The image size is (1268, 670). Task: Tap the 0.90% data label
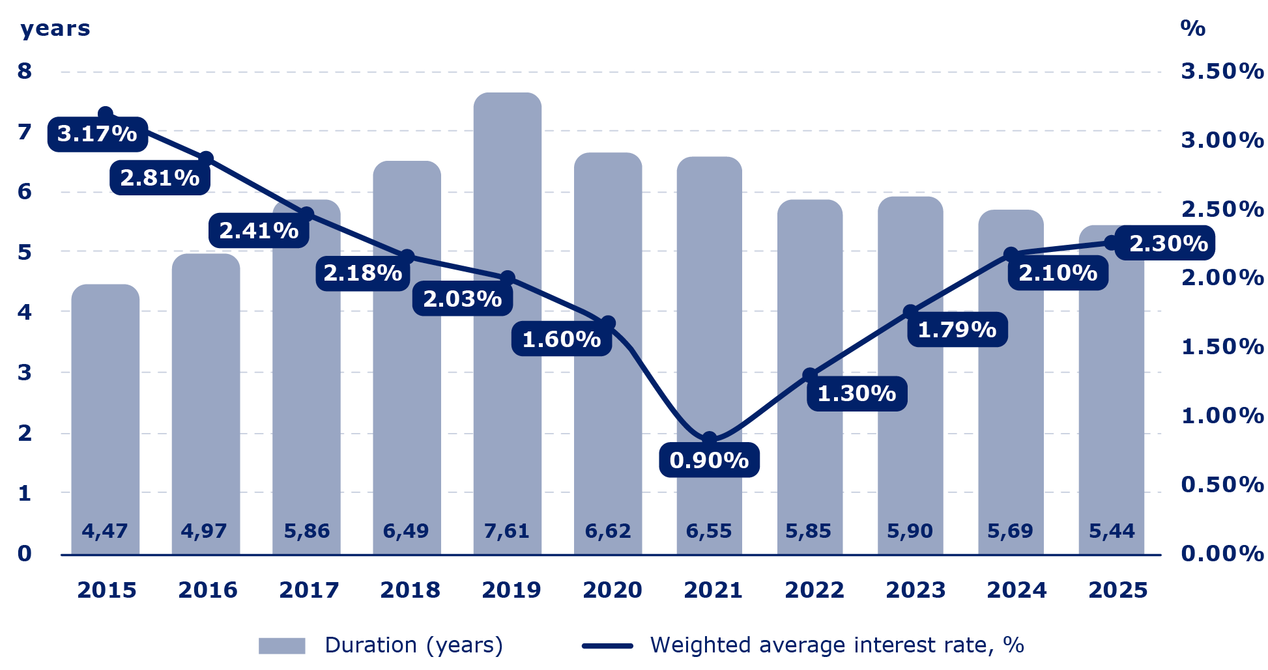tap(709, 460)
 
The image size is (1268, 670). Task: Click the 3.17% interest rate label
tap(97, 134)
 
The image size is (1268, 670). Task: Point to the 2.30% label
tap(1168, 244)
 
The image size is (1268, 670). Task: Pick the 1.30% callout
tap(856, 394)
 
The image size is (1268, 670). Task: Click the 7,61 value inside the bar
tap(506, 531)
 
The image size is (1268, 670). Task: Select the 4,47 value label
tap(104, 531)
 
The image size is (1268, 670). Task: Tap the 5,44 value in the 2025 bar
tap(1112, 531)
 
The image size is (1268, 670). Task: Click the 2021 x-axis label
tap(713, 591)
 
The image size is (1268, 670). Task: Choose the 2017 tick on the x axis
tap(309, 591)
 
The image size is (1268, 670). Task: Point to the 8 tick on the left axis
tap(25, 71)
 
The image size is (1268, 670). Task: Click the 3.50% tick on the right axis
tap(1222, 71)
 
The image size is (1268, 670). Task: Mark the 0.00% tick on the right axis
tap(1222, 553)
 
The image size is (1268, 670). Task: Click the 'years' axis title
tap(55, 29)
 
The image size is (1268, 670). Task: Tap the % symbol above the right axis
tap(1192, 29)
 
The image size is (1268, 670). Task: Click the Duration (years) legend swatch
tap(281, 646)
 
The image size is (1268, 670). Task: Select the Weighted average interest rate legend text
tap(837, 645)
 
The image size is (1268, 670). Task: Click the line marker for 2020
tap(608, 323)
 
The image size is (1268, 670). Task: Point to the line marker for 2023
tap(910, 312)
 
